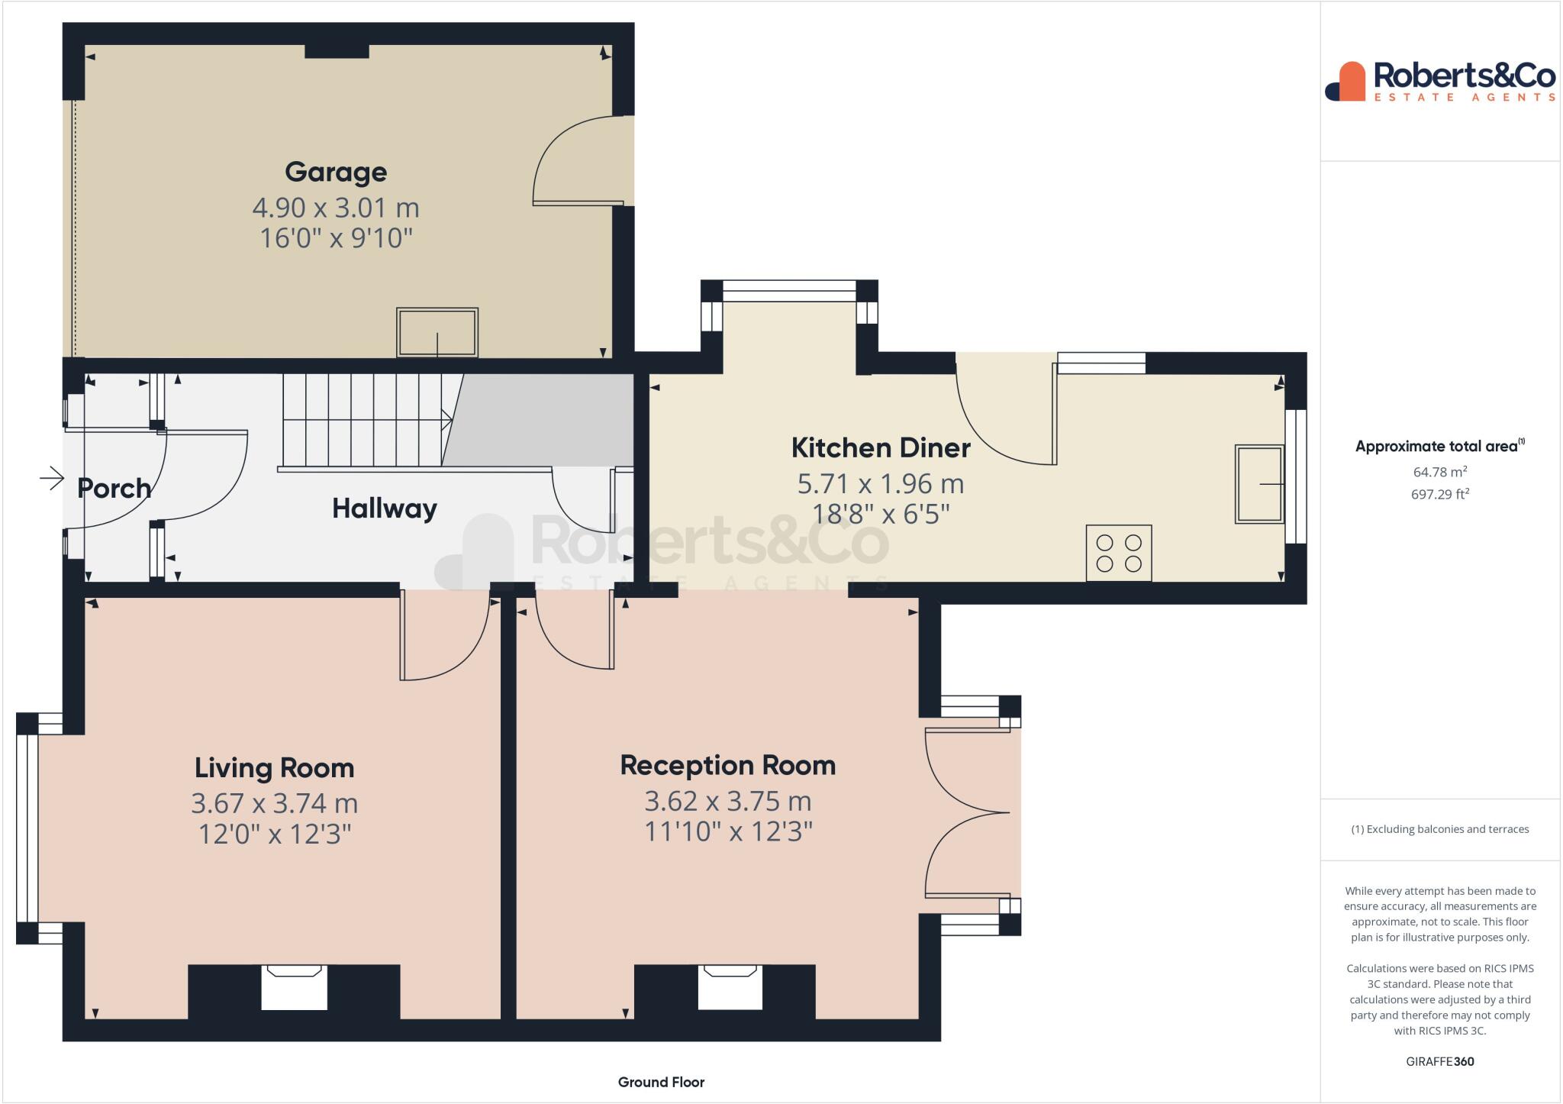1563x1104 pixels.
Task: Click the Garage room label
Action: click(336, 172)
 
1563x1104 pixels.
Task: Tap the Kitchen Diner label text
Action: click(881, 447)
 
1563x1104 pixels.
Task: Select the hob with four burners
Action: click(1119, 553)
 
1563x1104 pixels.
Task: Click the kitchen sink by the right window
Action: click(1259, 484)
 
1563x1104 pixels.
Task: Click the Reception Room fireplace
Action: click(730, 987)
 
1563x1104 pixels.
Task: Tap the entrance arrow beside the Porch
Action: click(52, 479)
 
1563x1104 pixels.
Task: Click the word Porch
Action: click(114, 488)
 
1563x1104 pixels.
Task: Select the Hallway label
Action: click(385, 508)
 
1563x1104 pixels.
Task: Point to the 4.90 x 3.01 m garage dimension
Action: click(336, 208)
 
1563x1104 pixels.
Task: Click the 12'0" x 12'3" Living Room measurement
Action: click(275, 834)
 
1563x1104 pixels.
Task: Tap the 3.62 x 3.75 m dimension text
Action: click(728, 801)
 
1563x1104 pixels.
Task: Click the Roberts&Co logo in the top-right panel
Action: click(1440, 81)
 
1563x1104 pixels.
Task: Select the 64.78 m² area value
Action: click(1440, 473)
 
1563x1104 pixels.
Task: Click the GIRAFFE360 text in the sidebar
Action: click(1440, 1061)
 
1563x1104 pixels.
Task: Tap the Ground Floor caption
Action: click(661, 1082)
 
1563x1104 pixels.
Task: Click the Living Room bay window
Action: click(27, 828)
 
